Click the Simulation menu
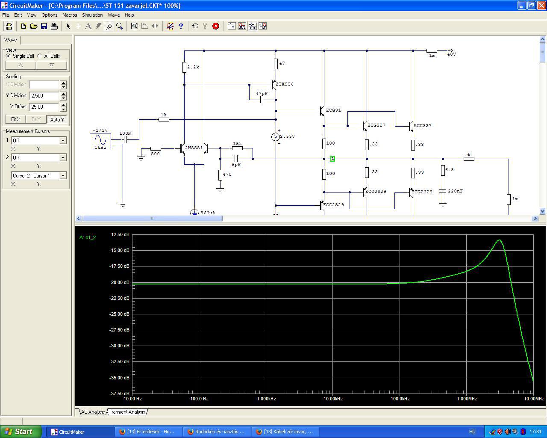pyautogui.click(x=92, y=15)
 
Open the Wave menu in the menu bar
pyautogui.click(x=114, y=15)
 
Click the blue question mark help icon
pyautogui.click(x=181, y=26)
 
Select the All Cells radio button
pyautogui.click(x=40, y=56)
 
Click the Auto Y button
pyautogui.click(x=57, y=119)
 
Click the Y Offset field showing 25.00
pyautogui.click(x=44, y=107)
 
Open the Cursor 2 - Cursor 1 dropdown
pyautogui.click(x=38, y=176)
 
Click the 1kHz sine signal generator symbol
pyautogui.click(x=100, y=142)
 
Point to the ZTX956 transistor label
pyautogui.click(x=285, y=84)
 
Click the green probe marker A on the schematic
pyautogui.click(x=332, y=159)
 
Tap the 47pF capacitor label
pyautogui.click(x=262, y=94)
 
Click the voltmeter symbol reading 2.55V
pyautogui.click(x=276, y=137)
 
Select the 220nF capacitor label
pyautogui.click(x=455, y=191)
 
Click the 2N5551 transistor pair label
pyautogui.click(x=194, y=148)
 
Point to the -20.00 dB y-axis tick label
pyautogui.click(x=119, y=282)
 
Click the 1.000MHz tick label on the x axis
pyautogui.click(x=467, y=399)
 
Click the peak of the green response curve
pyautogui.click(x=500, y=240)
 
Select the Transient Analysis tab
pyautogui.click(x=127, y=412)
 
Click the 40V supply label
pyautogui.click(x=452, y=54)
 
